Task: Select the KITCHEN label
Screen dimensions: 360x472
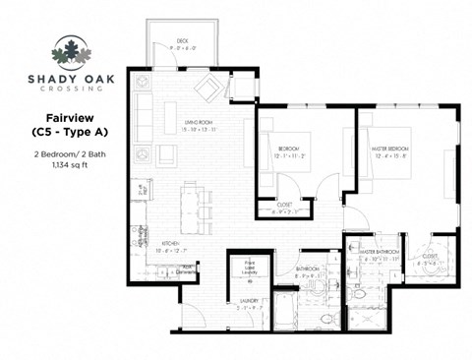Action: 169,243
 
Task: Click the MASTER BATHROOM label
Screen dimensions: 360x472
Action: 380,252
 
